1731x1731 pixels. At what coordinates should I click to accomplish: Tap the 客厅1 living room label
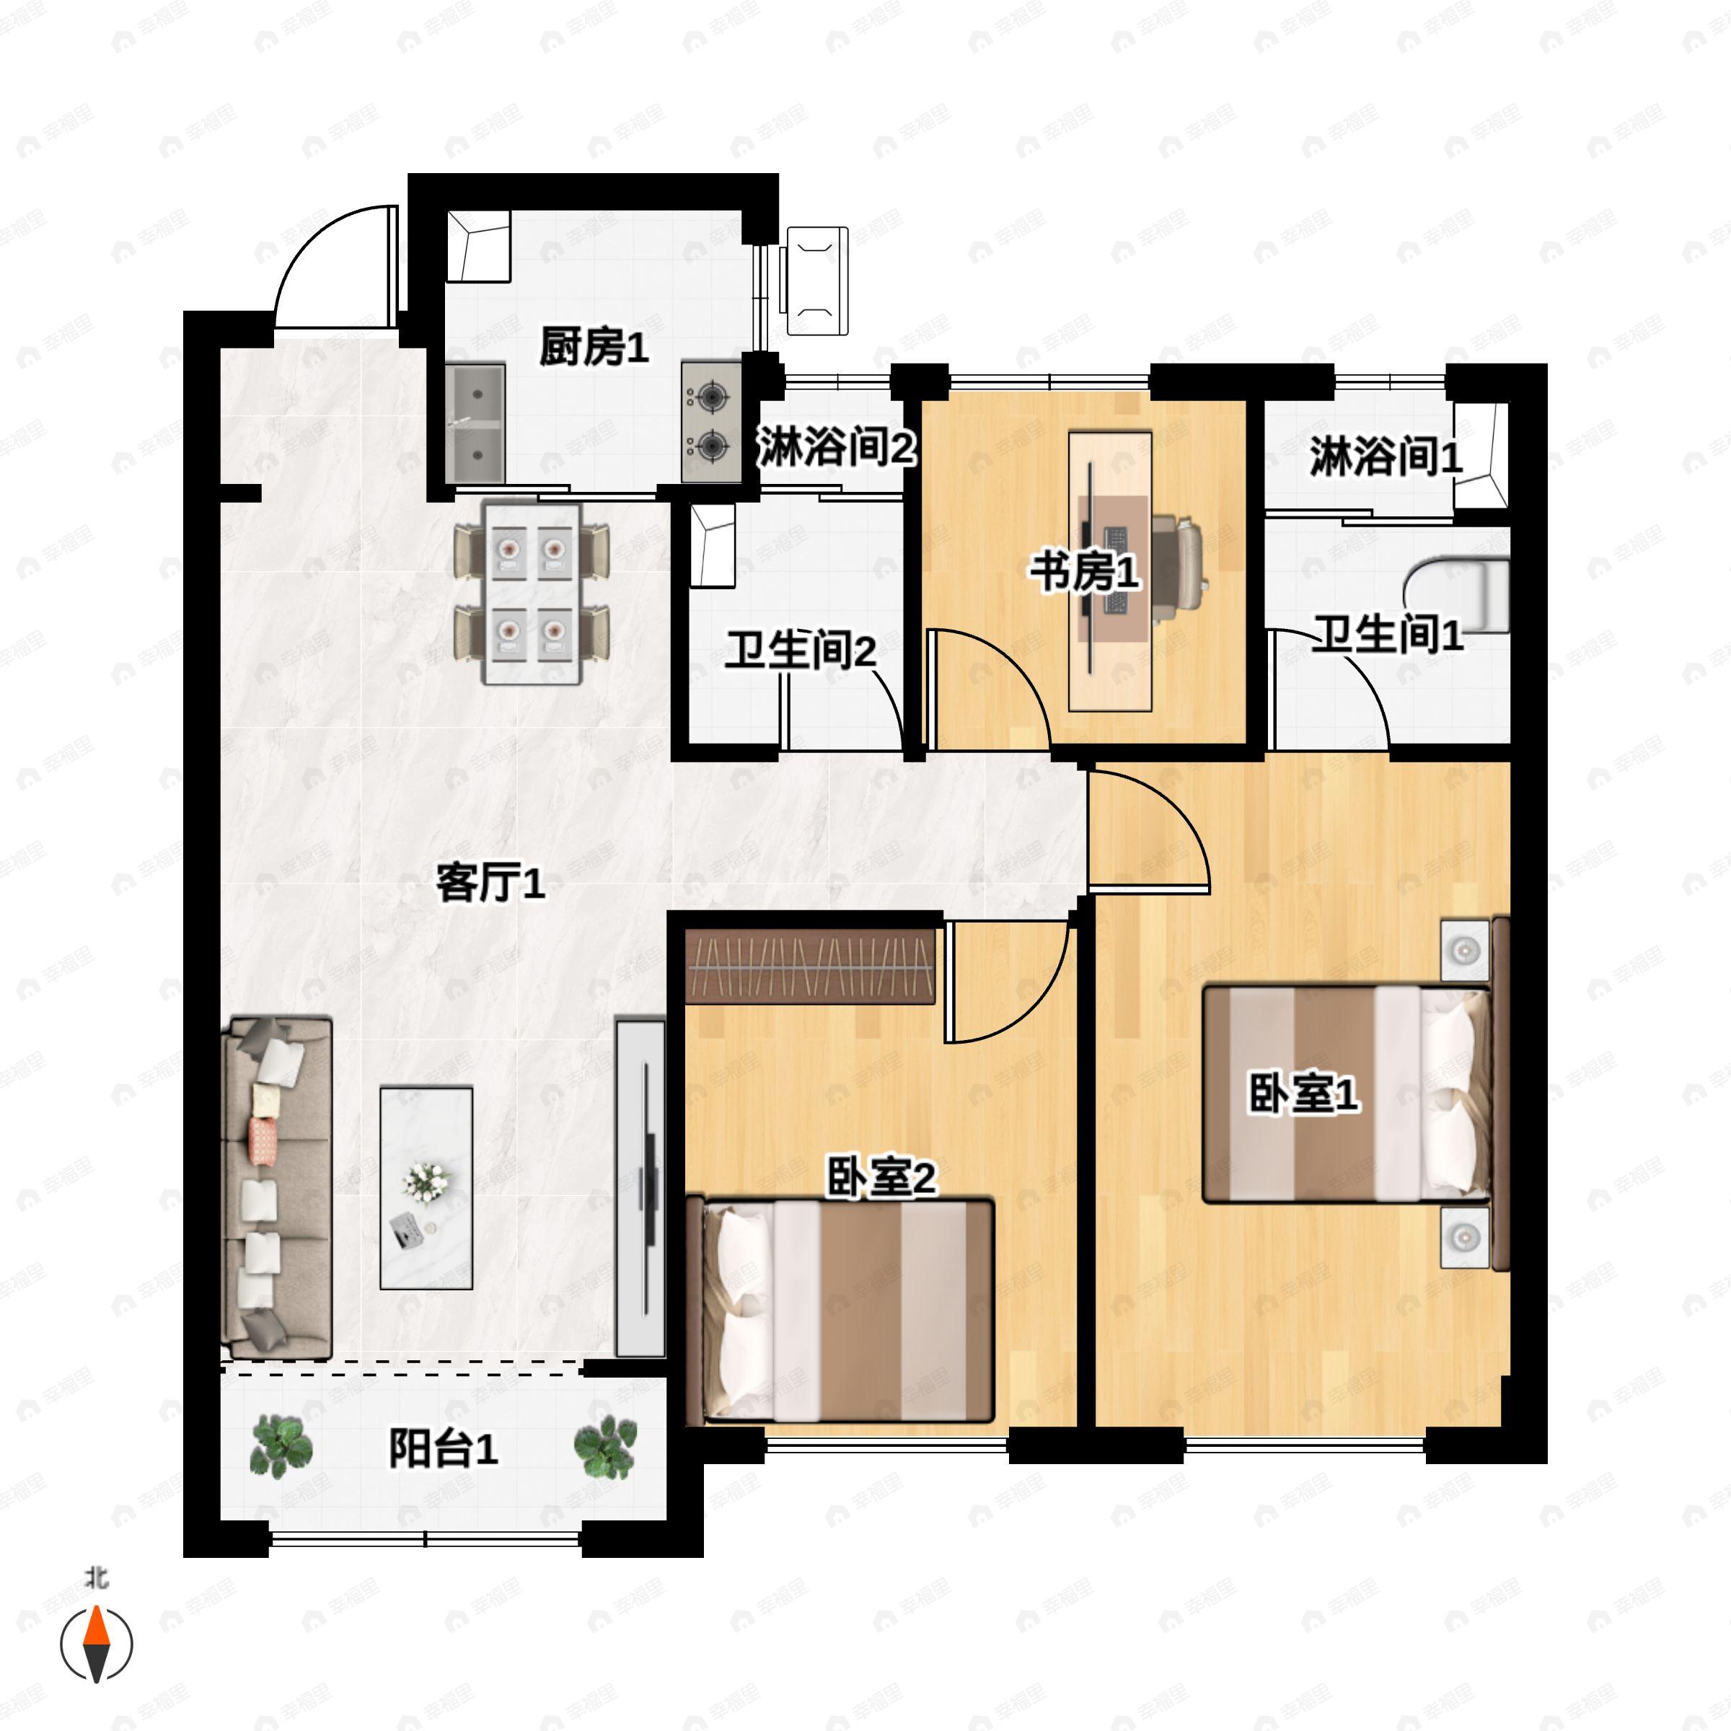coord(490,884)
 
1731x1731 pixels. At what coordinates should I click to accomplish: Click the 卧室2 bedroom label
coord(880,1177)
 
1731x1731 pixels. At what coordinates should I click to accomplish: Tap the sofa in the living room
coord(277,1187)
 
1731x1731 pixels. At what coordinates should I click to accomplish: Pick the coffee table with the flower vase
coord(426,1188)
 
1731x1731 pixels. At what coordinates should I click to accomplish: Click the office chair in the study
coord(1177,571)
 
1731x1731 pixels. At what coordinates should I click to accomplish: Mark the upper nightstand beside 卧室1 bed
coord(1465,950)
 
